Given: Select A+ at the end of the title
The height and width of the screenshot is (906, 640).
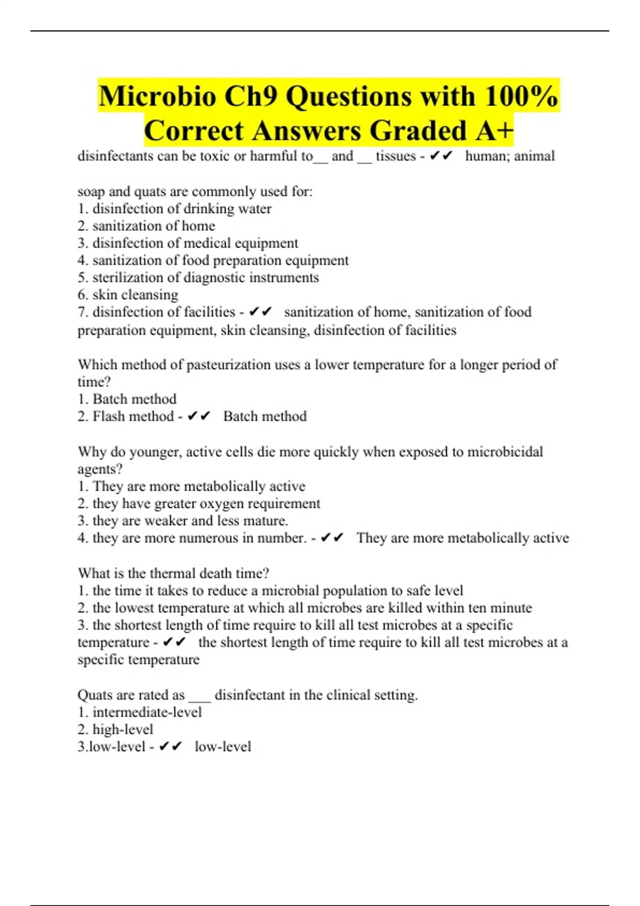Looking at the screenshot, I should pos(495,131).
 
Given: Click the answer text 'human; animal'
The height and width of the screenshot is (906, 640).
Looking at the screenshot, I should pos(510,156).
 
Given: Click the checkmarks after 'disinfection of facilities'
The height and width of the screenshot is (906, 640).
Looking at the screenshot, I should pos(260,312).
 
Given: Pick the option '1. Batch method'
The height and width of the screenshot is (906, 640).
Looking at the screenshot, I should pos(127,399).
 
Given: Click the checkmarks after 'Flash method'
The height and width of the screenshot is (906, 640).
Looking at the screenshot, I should pos(199,416).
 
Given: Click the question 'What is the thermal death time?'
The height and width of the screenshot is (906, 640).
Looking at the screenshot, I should pos(173,573).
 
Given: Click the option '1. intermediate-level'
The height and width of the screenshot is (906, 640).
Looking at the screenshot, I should pos(140,713).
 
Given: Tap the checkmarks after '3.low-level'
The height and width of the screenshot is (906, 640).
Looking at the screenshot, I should pos(171,747).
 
